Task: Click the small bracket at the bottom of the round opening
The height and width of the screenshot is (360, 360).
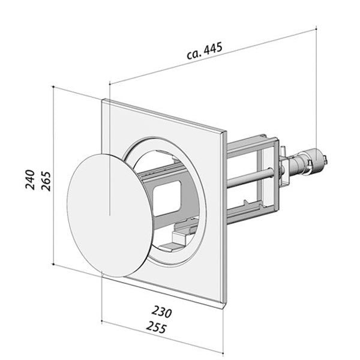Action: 173,242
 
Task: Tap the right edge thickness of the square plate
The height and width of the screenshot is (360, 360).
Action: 226,216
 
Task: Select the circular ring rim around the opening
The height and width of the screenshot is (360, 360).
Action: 191,180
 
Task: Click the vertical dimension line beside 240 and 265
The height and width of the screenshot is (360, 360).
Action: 55,180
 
